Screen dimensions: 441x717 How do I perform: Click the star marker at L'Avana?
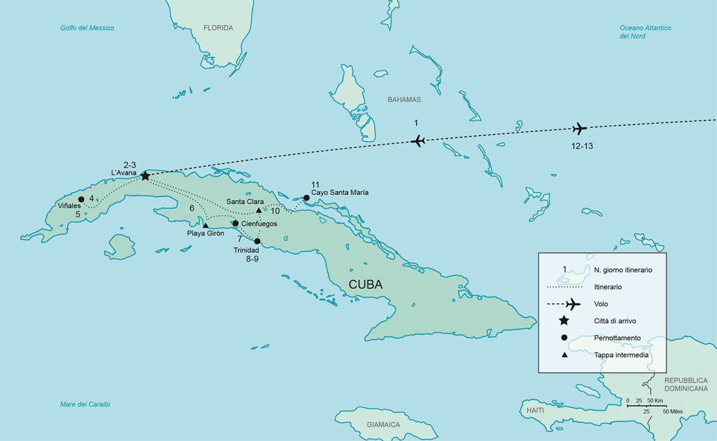(145, 176)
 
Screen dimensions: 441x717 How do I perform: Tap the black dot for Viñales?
(82, 199)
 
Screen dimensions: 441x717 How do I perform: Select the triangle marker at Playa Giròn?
(206, 225)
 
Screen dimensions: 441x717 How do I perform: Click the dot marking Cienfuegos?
(235, 224)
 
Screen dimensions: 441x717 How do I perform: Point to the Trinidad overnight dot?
(257, 241)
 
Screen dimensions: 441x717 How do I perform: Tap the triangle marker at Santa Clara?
(259, 211)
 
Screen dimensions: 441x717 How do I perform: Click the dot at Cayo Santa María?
(306, 198)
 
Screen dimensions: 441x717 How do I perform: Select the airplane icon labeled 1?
(418, 141)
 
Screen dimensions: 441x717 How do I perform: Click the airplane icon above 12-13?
(579, 129)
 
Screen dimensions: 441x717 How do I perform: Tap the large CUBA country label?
(365, 285)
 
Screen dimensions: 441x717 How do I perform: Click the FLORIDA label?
(218, 28)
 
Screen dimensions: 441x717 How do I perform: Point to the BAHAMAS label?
(404, 99)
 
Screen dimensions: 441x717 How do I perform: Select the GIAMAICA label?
(383, 424)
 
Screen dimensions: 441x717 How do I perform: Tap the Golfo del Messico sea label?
(87, 28)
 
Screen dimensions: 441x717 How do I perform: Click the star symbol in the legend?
(564, 321)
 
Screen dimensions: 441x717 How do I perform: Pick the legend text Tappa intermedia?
(621, 355)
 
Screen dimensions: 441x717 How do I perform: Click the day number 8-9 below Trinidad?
(251, 259)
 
